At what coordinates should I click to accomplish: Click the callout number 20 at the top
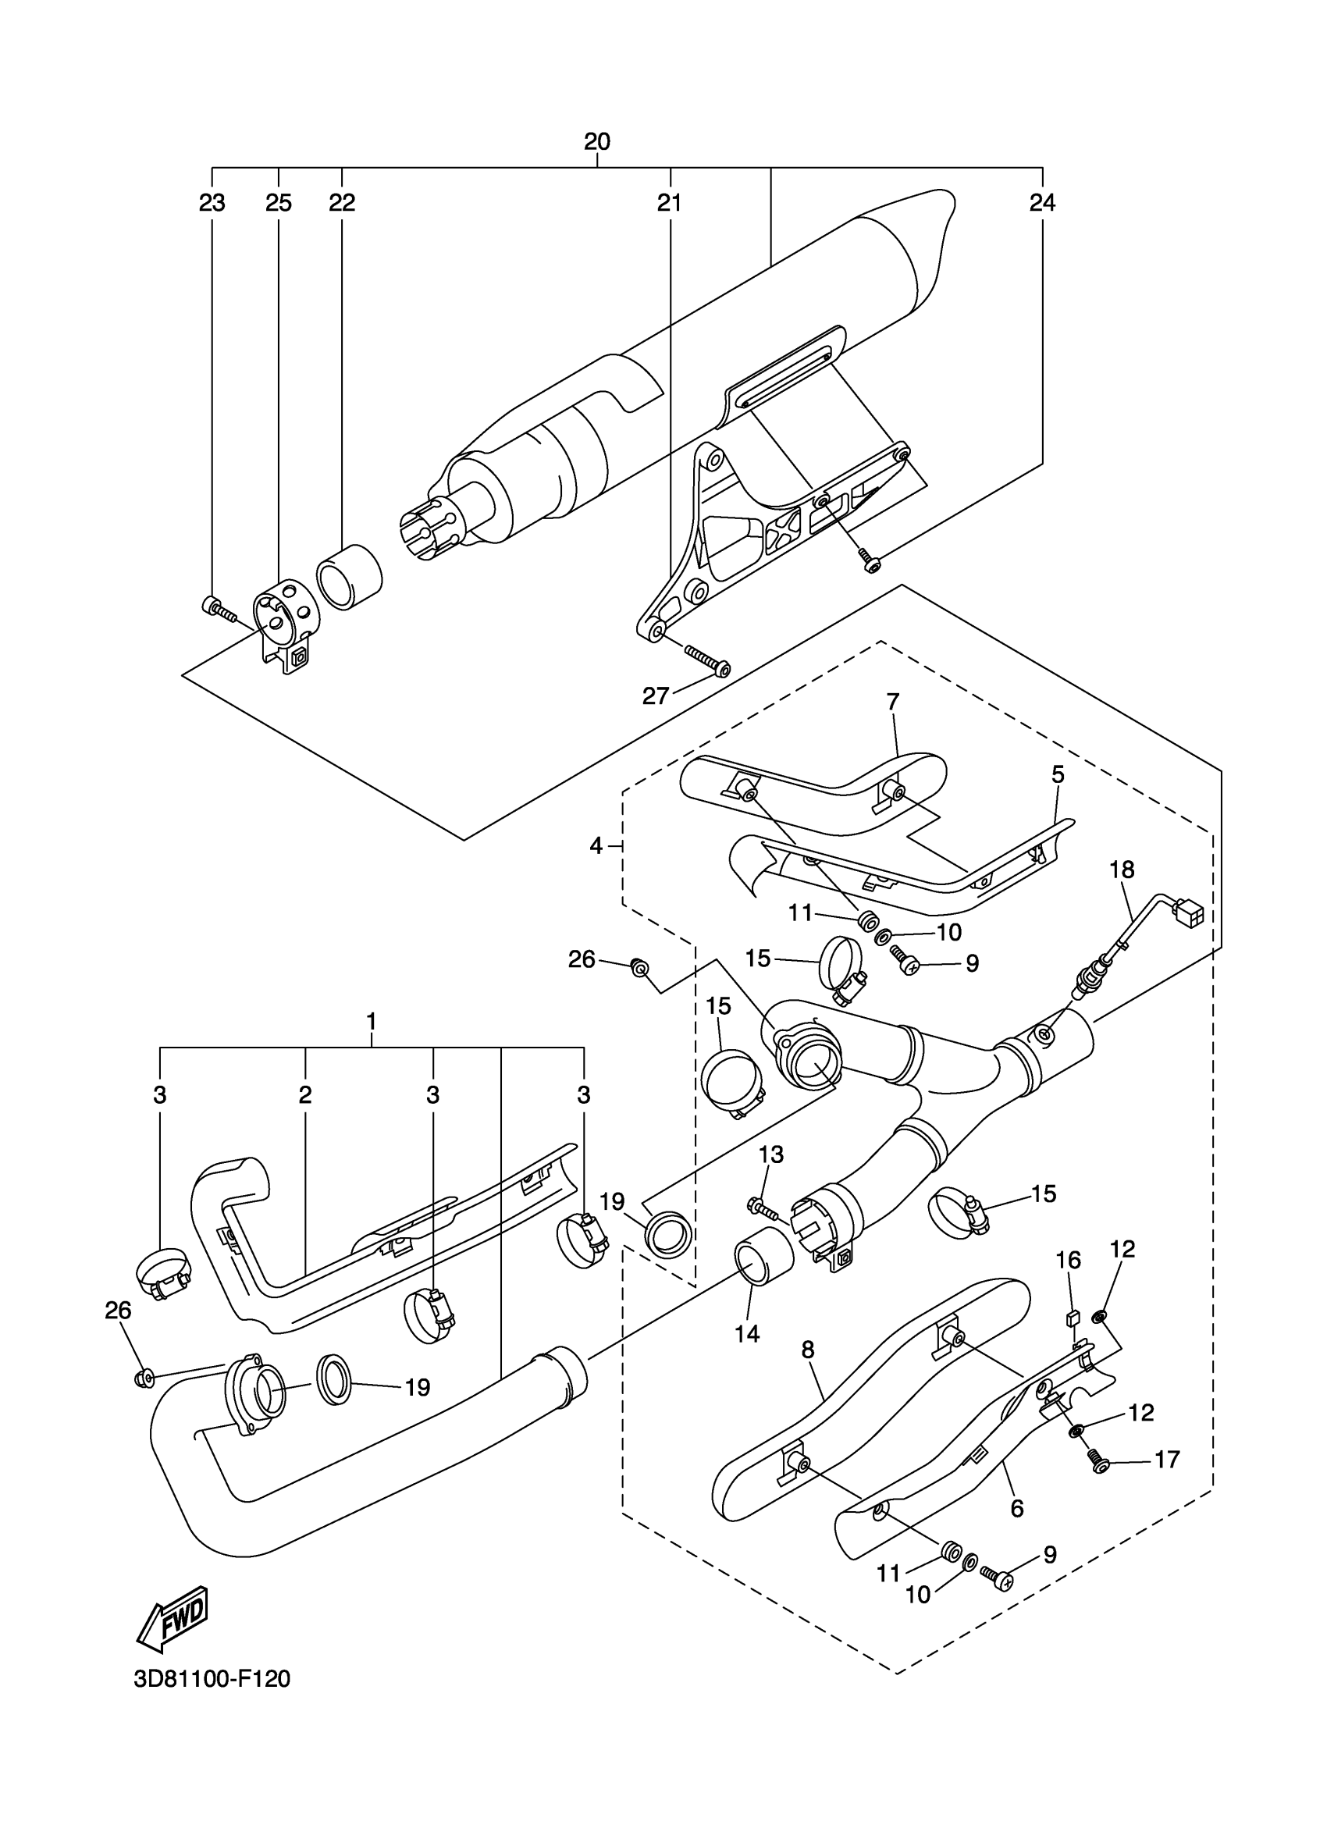click(x=597, y=142)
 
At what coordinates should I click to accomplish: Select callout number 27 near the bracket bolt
click(x=656, y=695)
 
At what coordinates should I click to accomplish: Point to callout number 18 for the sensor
click(x=1122, y=870)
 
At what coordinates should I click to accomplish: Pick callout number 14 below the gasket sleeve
click(x=747, y=1334)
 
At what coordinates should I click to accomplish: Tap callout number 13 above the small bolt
click(x=770, y=1155)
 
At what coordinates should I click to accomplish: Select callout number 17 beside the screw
click(x=1167, y=1460)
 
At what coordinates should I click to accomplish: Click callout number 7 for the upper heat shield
click(x=892, y=702)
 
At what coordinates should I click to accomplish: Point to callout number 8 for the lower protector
click(x=808, y=1350)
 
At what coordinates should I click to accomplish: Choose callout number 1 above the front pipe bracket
click(x=372, y=1022)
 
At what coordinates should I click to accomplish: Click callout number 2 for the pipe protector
click(x=304, y=1095)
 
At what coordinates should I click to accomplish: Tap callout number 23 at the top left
click(x=212, y=203)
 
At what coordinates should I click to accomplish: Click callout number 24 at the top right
click(x=1042, y=203)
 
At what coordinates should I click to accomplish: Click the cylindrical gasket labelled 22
click(x=349, y=576)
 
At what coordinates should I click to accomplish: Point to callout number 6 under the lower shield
click(x=1017, y=1508)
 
